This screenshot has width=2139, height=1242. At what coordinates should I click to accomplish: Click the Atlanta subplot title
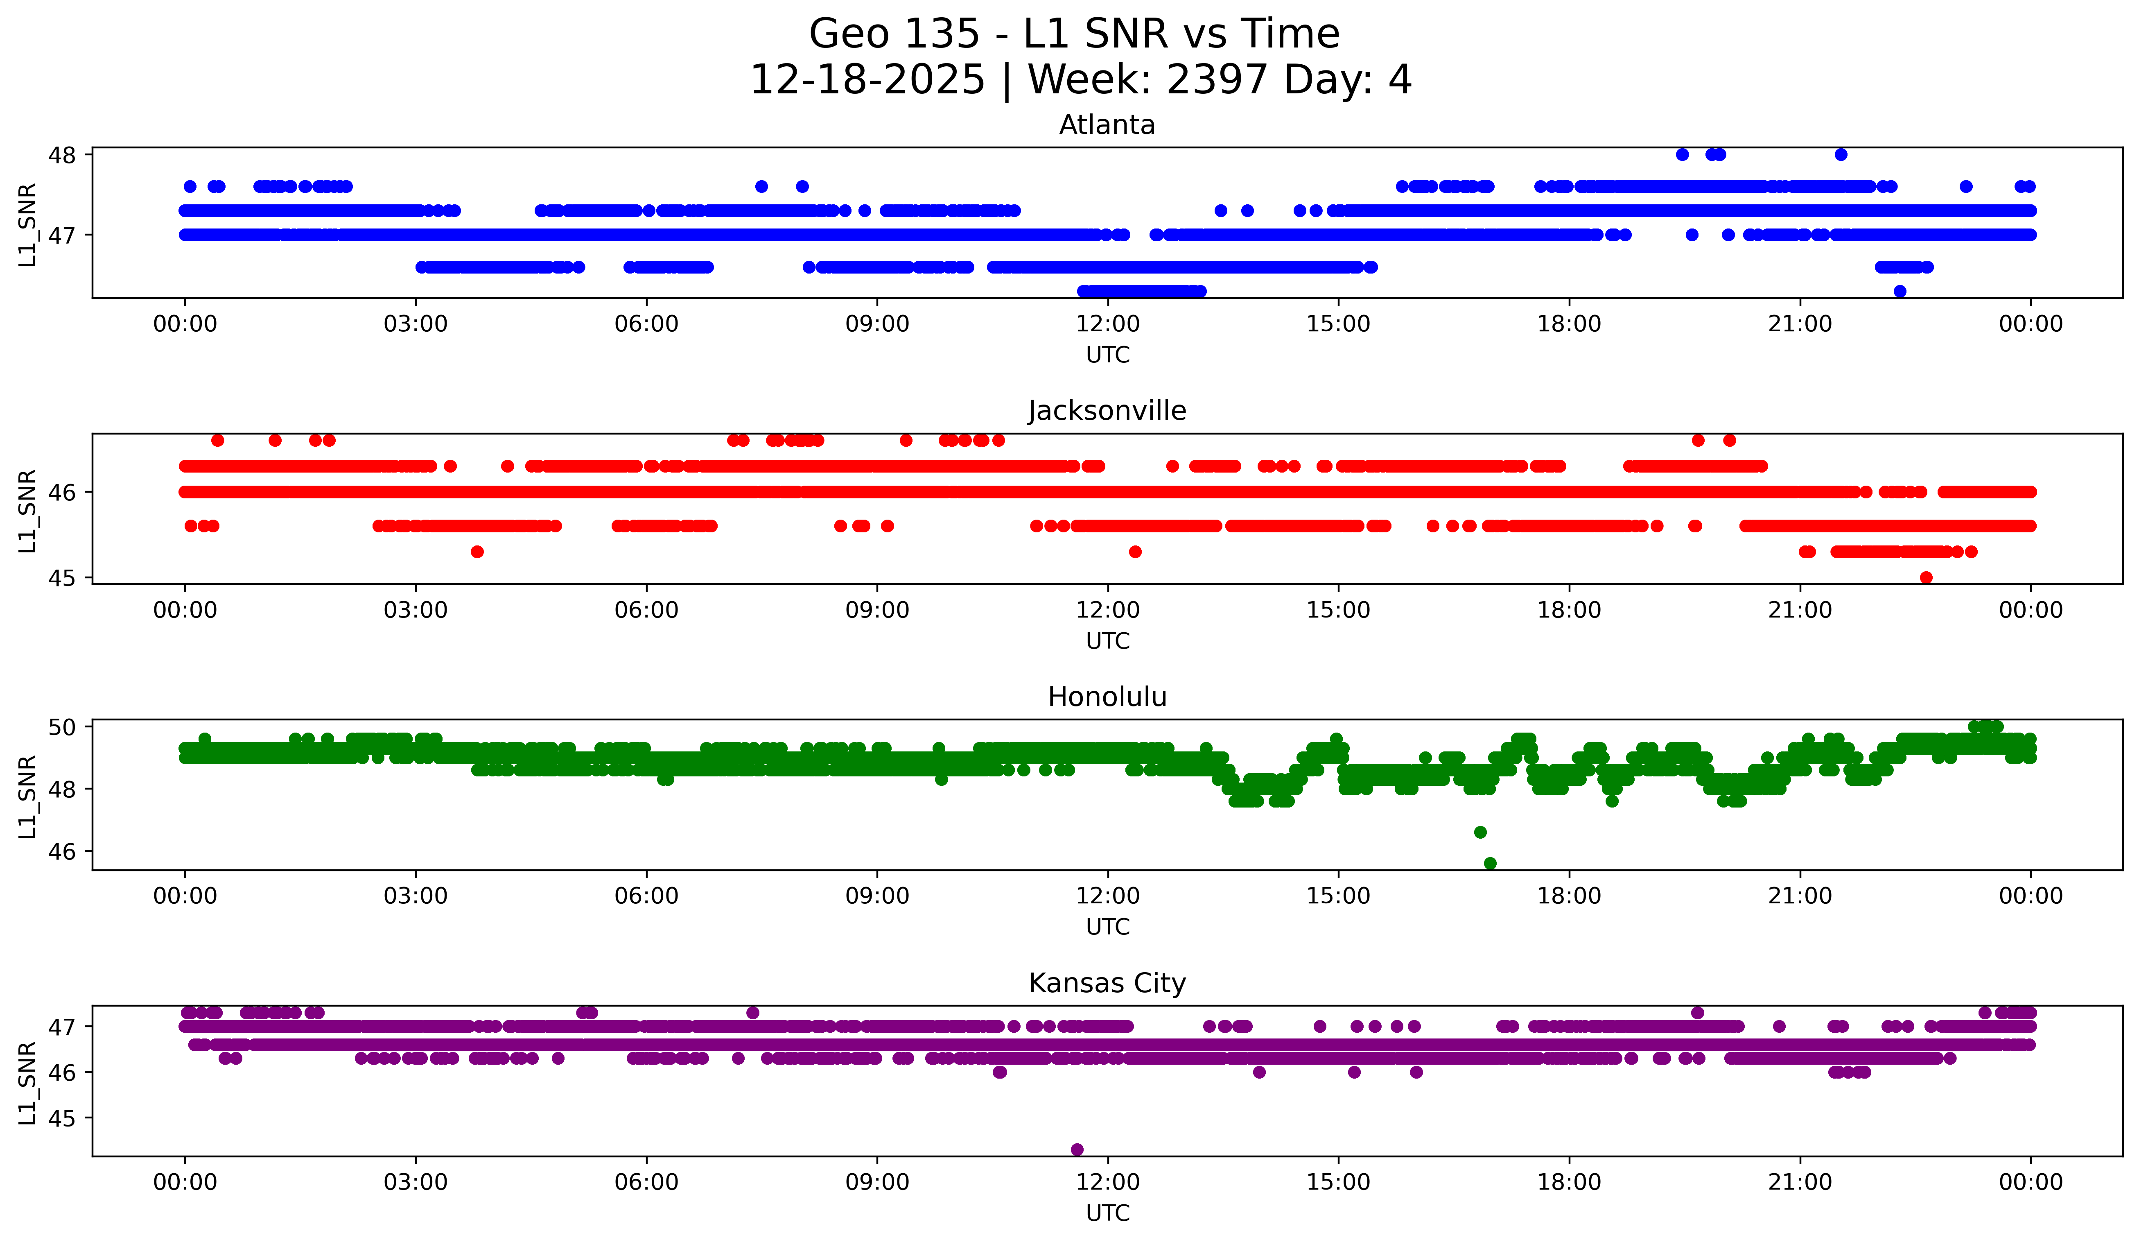coord(1107,125)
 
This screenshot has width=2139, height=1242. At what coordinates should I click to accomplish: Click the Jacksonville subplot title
coord(1107,411)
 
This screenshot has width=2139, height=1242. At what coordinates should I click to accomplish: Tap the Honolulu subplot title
coord(1107,697)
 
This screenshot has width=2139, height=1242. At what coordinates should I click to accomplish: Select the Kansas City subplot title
coord(1107,983)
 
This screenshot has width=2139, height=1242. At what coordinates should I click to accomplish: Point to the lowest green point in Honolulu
coord(1490,863)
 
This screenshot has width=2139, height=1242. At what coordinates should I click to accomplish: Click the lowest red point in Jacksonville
coord(1926,577)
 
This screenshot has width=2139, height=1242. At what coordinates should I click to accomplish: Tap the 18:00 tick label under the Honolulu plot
coord(1569,896)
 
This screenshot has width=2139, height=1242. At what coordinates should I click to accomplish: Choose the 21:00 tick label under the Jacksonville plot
coord(1800,610)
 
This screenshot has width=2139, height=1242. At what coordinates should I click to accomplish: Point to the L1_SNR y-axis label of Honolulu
coord(27,796)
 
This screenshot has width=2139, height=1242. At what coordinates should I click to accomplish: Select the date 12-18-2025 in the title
coord(867,80)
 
